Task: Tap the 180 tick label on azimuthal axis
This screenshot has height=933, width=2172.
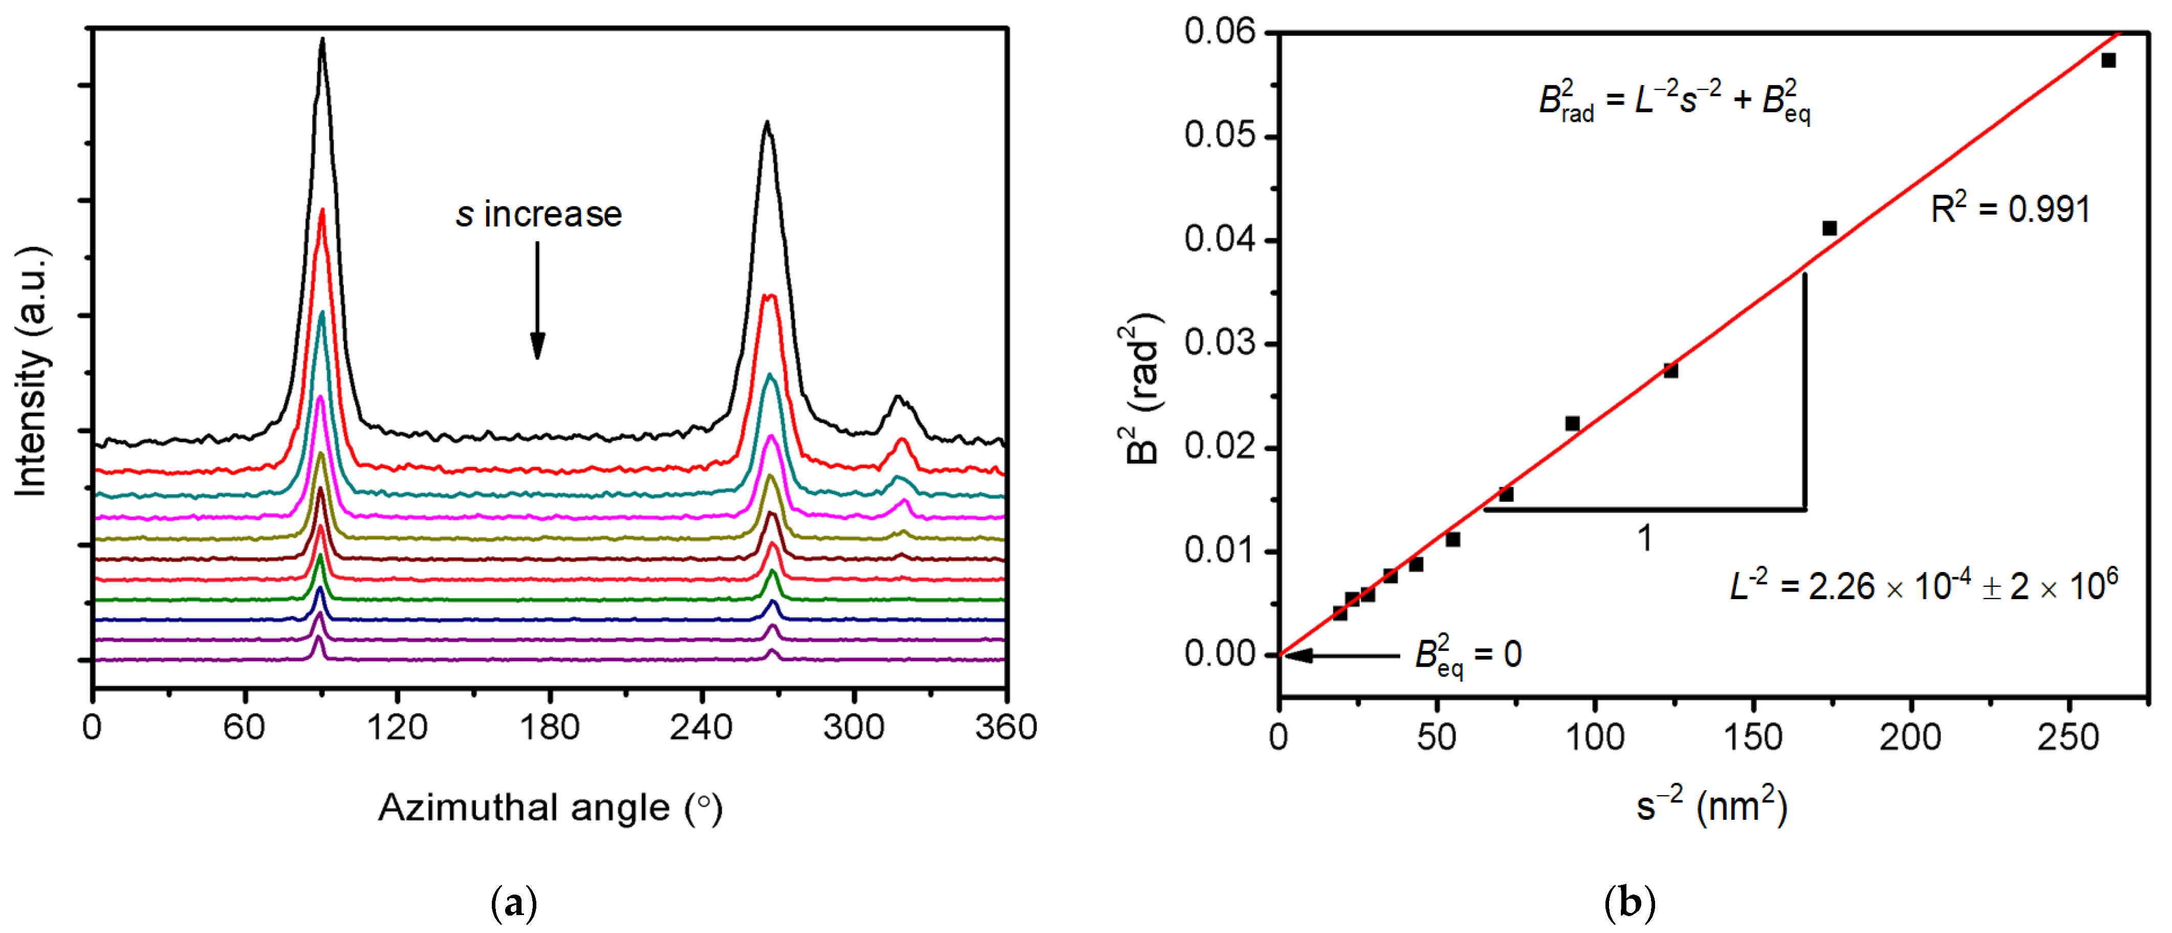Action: pos(550,727)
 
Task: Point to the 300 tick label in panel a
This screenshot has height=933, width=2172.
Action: pos(853,727)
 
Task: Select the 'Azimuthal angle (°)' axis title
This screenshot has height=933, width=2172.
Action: pos(550,808)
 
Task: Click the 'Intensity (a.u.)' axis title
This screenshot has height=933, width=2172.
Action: pos(32,371)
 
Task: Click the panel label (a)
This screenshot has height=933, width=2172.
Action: pos(513,903)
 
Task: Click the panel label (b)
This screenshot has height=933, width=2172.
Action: pos(1629,903)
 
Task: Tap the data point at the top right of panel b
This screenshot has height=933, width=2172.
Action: pos(2108,60)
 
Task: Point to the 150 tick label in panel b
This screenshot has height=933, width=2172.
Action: pos(1753,737)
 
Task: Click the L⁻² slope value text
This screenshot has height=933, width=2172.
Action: pos(1922,585)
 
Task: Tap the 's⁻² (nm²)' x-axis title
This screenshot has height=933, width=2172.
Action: pos(1711,805)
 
